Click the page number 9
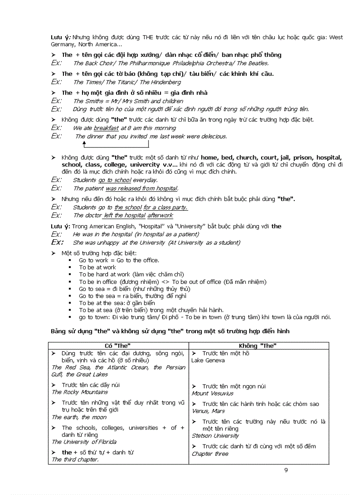pos(286,470)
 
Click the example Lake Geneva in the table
pos(208,361)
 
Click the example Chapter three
pos(210,454)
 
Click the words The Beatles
pos(252,63)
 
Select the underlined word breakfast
pos(106,128)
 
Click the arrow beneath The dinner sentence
pos(84,144)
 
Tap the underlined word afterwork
pos(160,216)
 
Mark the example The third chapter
pos(75,459)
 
